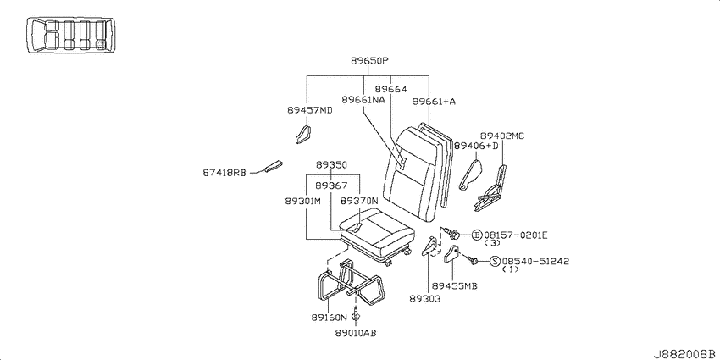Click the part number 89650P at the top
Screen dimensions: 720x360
(x=370, y=61)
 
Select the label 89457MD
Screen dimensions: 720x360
(x=310, y=110)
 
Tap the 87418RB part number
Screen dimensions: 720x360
(x=224, y=173)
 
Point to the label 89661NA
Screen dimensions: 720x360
(x=363, y=99)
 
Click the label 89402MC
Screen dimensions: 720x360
(x=502, y=136)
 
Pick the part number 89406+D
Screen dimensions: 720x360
(x=476, y=146)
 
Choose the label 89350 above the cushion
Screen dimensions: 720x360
(x=331, y=165)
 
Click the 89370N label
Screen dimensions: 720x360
(x=359, y=201)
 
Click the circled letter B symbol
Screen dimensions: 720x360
(x=478, y=235)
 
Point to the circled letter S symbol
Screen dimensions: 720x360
(x=495, y=261)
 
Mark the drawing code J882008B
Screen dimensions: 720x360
(x=686, y=354)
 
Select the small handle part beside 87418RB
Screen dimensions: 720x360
(x=274, y=166)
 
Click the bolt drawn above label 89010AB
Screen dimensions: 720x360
(x=357, y=316)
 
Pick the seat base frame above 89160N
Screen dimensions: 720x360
(x=350, y=283)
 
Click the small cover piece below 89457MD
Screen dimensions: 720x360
(x=303, y=134)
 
